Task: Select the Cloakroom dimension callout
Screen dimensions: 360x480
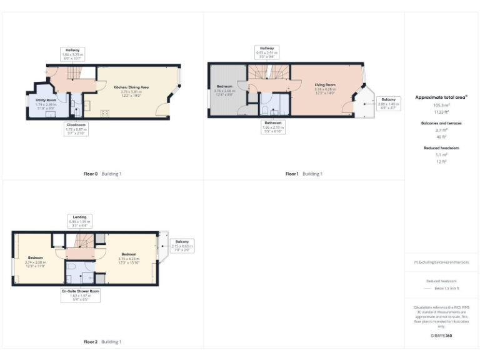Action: click(76, 129)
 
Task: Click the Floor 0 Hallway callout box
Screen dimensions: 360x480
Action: click(72, 53)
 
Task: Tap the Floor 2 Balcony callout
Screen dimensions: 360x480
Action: click(182, 244)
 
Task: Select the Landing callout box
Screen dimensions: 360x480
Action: click(79, 220)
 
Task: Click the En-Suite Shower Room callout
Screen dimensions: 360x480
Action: click(80, 294)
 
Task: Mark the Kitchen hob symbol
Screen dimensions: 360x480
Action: click(104, 112)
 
